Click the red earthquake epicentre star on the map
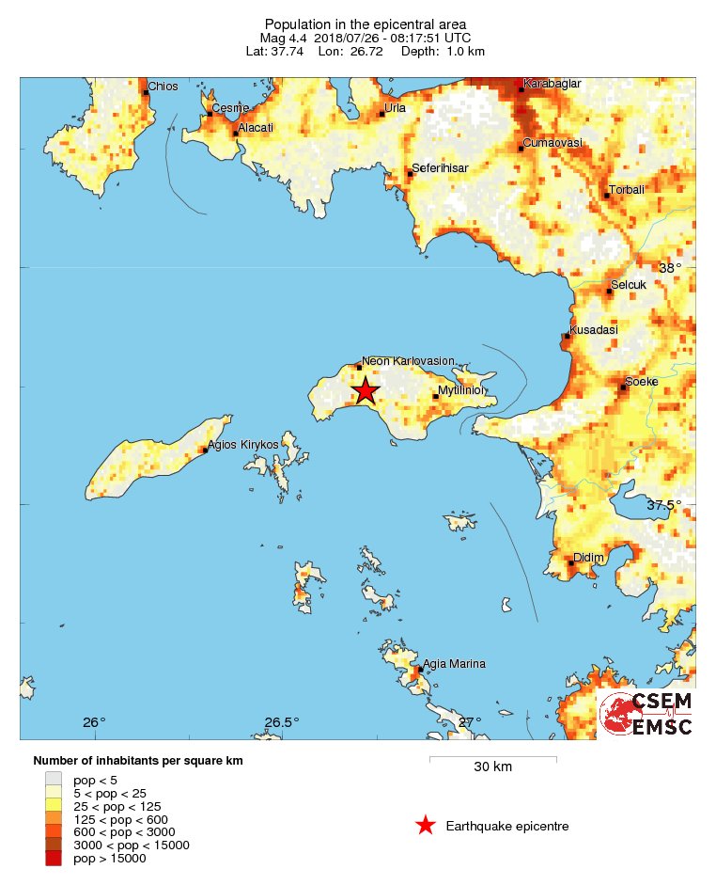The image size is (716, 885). click(x=366, y=391)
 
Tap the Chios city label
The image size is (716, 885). click(x=162, y=87)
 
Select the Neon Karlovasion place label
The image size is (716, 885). click(x=409, y=360)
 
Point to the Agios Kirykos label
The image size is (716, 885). click(x=243, y=444)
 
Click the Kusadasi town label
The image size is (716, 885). click(x=594, y=330)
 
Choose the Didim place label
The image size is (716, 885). click(x=588, y=558)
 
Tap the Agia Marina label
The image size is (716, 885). click(x=455, y=664)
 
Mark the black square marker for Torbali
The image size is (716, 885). click(x=606, y=196)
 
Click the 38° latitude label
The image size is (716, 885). click(x=670, y=268)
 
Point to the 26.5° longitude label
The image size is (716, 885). click(x=281, y=722)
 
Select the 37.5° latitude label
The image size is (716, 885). click(x=664, y=505)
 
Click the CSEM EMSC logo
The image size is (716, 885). click(x=646, y=714)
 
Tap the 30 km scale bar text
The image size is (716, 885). click(x=492, y=766)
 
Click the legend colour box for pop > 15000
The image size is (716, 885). click(x=54, y=858)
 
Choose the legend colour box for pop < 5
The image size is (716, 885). click(x=54, y=779)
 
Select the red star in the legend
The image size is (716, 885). click(x=426, y=826)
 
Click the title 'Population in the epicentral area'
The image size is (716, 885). click(x=366, y=24)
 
